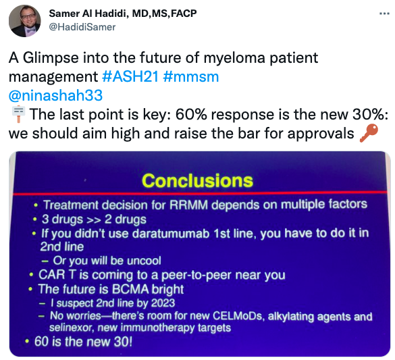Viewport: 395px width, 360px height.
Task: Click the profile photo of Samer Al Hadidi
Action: (x=25, y=21)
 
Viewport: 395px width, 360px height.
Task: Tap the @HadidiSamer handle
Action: (x=82, y=27)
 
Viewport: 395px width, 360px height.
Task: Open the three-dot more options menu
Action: (x=384, y=14)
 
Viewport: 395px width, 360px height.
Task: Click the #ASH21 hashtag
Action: (x=130, y=76)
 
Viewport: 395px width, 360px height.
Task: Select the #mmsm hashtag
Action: (x=191, y=76)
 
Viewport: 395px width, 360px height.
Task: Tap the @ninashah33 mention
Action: (x=55, y=96)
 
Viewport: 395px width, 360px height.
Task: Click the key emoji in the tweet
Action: (x=369, y=133)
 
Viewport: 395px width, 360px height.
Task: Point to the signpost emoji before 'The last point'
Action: (x=18, y=114)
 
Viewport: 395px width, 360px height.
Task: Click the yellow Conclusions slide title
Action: (x=197, y=180)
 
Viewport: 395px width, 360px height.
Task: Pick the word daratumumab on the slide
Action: (x=171, y=234)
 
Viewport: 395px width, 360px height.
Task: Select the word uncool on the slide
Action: (x=144, y=261)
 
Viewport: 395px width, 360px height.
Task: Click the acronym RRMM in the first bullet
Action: (x=188, y=205)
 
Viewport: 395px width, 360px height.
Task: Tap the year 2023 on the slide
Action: (x=163, y=303)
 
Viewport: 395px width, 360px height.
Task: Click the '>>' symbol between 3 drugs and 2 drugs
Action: (x=94, y=220)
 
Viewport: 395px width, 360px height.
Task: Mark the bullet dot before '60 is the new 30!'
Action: (x=27, y=342)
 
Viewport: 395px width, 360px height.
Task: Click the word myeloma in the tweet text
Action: (x=234, y=58)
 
